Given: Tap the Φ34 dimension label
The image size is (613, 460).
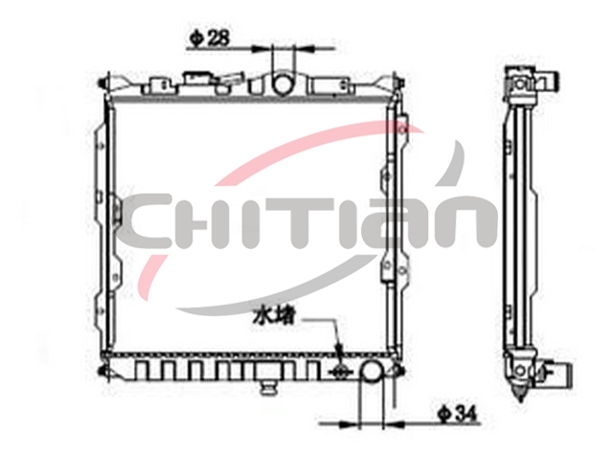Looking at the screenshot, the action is pos(458,414).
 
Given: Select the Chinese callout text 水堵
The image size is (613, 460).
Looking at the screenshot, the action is pos(273,316).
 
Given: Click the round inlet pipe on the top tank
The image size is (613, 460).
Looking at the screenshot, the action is pos(283,83).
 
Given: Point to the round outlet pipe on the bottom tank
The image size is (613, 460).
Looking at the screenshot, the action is pos(372,372).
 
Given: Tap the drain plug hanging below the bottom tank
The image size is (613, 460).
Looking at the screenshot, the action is pos(268,387).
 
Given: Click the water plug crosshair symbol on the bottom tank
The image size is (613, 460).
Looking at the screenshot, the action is pos(339,371).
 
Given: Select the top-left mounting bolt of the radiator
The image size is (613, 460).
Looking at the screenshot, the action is pos(102,83).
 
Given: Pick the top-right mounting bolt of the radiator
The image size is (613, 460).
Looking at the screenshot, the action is pos(400,83).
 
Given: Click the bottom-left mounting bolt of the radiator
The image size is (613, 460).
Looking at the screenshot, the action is pos(102,371).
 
